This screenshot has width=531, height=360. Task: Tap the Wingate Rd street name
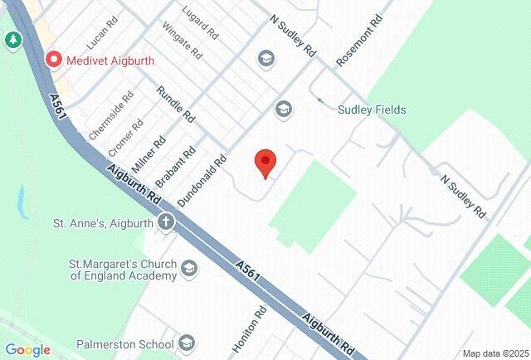pyautogui.click(x=183, y=40)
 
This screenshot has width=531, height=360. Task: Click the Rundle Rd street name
pyautogui.click(x=175, y=100)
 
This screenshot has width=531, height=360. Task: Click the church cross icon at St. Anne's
pyautogui.click(x=166, y=222)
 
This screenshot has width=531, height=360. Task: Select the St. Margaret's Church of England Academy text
pyautogui.click(x=123, y=270)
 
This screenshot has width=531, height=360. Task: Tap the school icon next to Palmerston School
pyautogui.click(x=187, y=343)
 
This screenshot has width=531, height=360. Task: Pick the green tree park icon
pyautogui.click(x=13, y=40)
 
